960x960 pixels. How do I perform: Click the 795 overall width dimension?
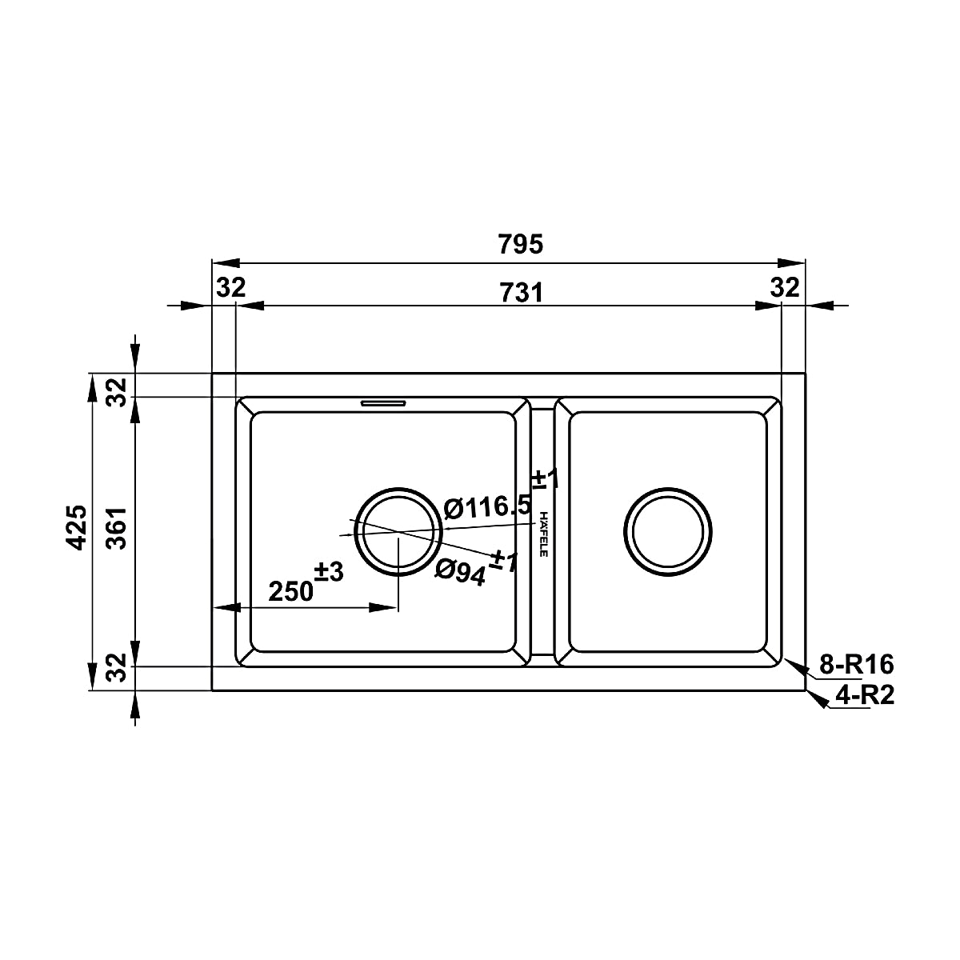click(520, 244)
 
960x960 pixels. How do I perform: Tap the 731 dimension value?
click(521, 293)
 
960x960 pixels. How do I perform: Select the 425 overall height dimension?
click(78, 527)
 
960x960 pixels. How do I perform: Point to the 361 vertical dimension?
click(118, 528)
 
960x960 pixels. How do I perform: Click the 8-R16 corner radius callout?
click(857, 664)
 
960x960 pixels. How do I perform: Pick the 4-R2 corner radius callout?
click(865, 695)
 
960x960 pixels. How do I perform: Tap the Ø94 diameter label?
click(460, 573)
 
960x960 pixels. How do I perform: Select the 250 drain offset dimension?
click(291, 591)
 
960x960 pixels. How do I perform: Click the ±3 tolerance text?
click(329, 572)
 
